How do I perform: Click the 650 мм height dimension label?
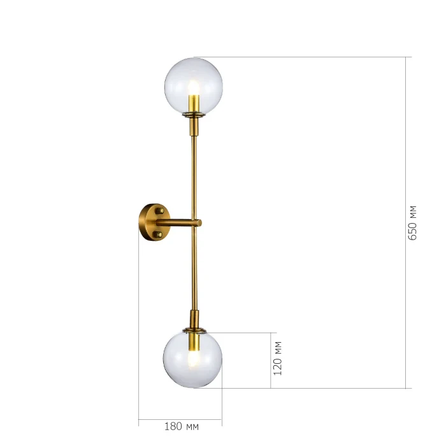pyautogui.click(x=412, y=223)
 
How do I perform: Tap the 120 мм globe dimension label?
pyautogui.click(x=278, y=358)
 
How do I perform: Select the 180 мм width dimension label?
pyautogui.click(x=182, y=426)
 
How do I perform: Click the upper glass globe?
pyautogui.click(x=194, y=86)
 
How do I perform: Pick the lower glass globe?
pyautogui.click(x=192, y=359)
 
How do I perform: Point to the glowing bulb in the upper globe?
pyautogui.click(x=194, y=87)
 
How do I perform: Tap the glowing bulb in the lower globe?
pyautogui.click(x=194, y=359)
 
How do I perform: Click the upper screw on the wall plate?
pyautogui.click(x=159, y=211)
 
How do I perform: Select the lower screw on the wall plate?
pyautogui.click(x=159, y=234)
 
